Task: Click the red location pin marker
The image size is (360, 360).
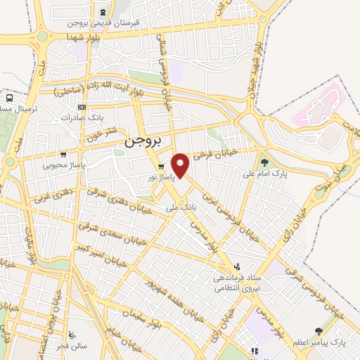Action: click(181, 165)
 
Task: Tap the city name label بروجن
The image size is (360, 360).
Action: click(143, 141)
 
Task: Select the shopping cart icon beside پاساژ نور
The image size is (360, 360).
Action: click(162, 166)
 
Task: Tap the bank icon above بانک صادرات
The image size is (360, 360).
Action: click(82, 107)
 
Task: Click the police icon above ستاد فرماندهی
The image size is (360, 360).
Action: click(237, 266)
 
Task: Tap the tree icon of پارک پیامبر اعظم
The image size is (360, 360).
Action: click(319, 330)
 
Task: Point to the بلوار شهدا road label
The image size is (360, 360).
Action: click(86, 36)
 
